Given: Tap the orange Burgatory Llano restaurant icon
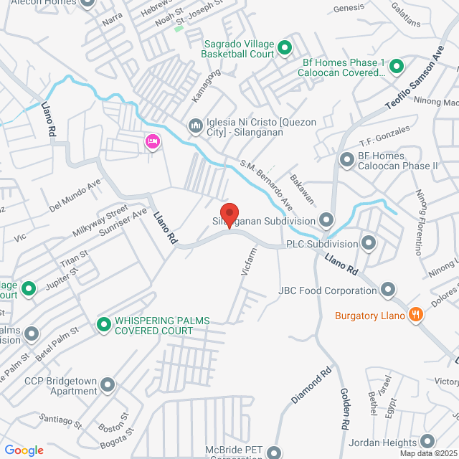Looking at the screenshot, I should [x=415, y=314].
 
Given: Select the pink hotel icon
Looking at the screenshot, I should [x=152, y=142].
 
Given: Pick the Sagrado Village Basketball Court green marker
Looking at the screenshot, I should [x=284, y=48].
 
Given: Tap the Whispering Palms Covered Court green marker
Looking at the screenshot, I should [x=104, y=325].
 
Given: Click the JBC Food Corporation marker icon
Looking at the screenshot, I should [x=388, y=290].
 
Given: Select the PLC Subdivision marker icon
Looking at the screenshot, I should [x=369, y=243].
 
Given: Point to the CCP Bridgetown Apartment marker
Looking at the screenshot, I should [x=108, y=386].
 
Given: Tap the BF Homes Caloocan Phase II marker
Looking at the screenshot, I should [x=346, y=161].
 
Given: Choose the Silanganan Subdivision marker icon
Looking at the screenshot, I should [x=327, y=219].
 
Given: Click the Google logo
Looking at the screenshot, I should [x=24, y=450].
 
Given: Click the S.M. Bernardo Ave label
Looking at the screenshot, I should [x=267, y=181].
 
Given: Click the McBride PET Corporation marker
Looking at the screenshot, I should [x=273, y=453].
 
